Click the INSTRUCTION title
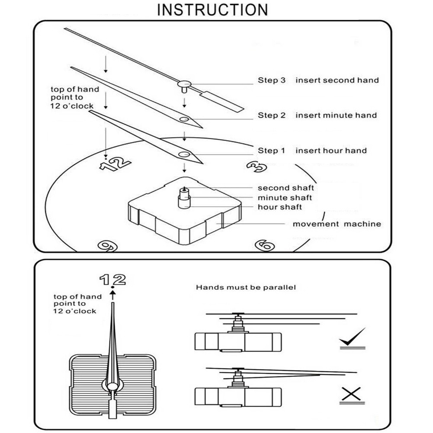pos(212,10)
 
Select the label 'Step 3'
pos(272,80)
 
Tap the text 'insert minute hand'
pos(336,115)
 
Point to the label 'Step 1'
pos(272,151)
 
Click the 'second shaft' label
pos(286,188)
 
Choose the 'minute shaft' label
pos(285,198)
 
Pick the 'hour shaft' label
pos(280,207)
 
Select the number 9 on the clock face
pos(106,246)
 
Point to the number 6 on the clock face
pos(265,246)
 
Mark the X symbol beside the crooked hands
pos(351,394)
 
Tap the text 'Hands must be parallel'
pos(246,287)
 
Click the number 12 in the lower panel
pos(113,279)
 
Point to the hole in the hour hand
pos(185,154)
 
